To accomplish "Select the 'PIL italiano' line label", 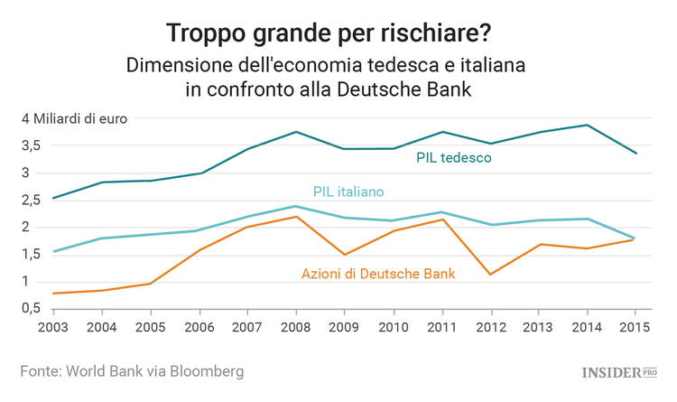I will point(348,192).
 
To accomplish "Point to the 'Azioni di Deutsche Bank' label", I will point(377,273).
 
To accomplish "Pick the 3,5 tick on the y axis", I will point(32,145).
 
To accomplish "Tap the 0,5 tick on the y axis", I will point(32,309).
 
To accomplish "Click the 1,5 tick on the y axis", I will point(32,255).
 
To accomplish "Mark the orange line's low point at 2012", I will point(490,275).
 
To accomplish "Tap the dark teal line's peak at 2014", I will point(588,125).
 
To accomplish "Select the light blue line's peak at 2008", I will point(296,206).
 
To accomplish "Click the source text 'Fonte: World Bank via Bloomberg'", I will point(133,371).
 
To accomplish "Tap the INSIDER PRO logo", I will point(617,372).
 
